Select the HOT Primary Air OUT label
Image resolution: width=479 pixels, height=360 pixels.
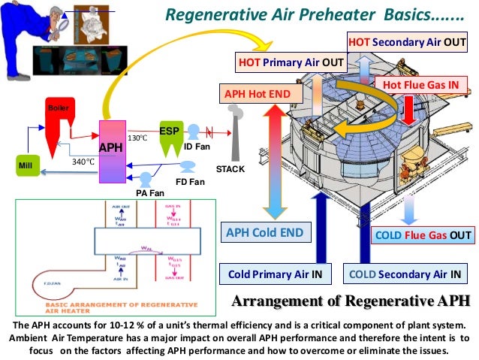pyautogui.click(x=291, y=62)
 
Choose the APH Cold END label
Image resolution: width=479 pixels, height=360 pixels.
pyautogui.click(x=265, y=233)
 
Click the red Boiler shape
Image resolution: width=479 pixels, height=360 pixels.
pyautogui.click(x=58, y=122)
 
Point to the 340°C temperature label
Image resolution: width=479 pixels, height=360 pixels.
pyautogui.click(x=83, y=162)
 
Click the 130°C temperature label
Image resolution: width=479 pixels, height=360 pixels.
pyautogui.click(x=137, y=138)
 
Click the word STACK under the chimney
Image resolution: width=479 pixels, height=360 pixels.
pyautogui.click(x=230, y=169)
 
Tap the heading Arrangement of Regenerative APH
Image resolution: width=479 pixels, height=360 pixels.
pyautogui.click(x=351, y=302)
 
